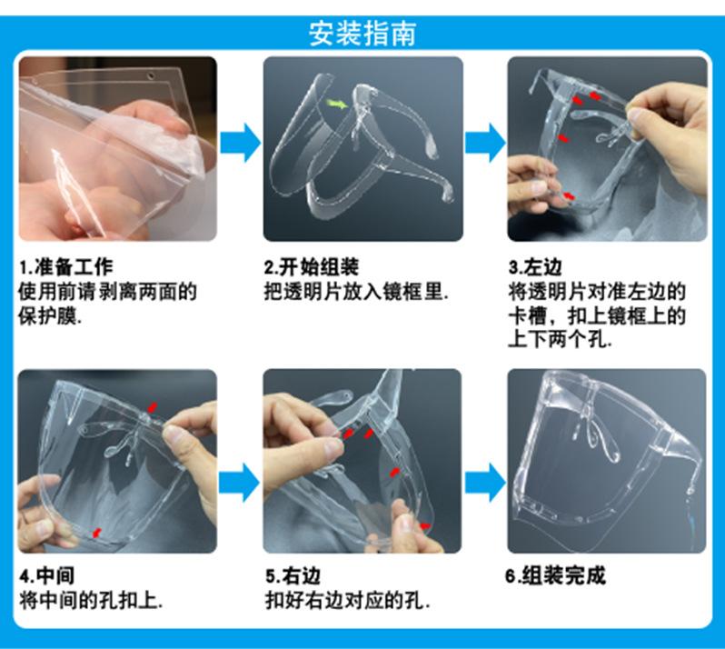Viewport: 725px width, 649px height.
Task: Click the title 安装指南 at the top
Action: coord(362,34)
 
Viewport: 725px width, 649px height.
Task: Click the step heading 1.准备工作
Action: coord(66,267)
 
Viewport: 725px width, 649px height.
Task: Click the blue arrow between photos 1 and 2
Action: coord(239,143)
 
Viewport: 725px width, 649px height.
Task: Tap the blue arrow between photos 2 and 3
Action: coord(484,143)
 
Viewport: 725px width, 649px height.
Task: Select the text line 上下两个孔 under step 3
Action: coord(560,340)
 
